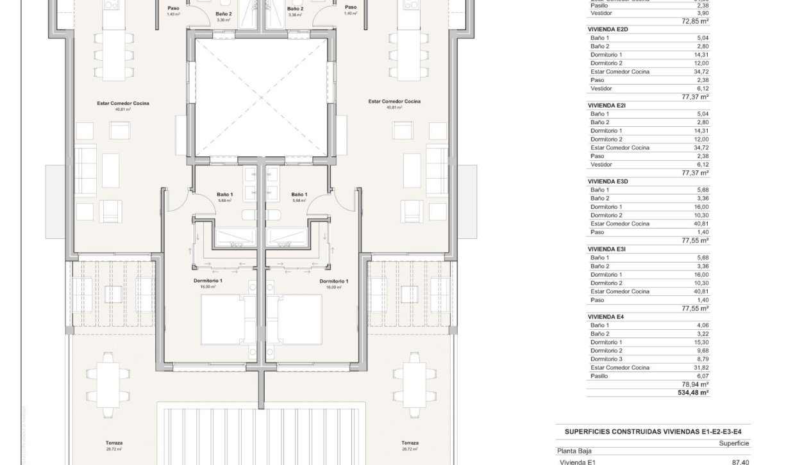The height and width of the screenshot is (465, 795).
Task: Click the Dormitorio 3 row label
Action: point(606,359)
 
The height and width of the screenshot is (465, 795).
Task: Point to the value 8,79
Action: point(703,359)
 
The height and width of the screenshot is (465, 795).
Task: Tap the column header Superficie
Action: point(733,443)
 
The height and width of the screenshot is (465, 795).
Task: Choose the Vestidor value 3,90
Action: point(703,13)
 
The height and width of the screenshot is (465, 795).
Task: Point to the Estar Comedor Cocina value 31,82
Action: point(701,368)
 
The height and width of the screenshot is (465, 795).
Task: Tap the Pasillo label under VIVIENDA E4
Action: point(599,376)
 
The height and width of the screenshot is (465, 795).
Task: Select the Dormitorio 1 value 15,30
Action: point(701,342)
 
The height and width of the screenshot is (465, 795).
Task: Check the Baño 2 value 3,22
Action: point(703,334)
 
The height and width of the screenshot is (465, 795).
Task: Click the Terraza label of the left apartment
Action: point(115,443)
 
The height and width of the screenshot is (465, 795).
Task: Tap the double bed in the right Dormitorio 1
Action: point(299,319)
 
